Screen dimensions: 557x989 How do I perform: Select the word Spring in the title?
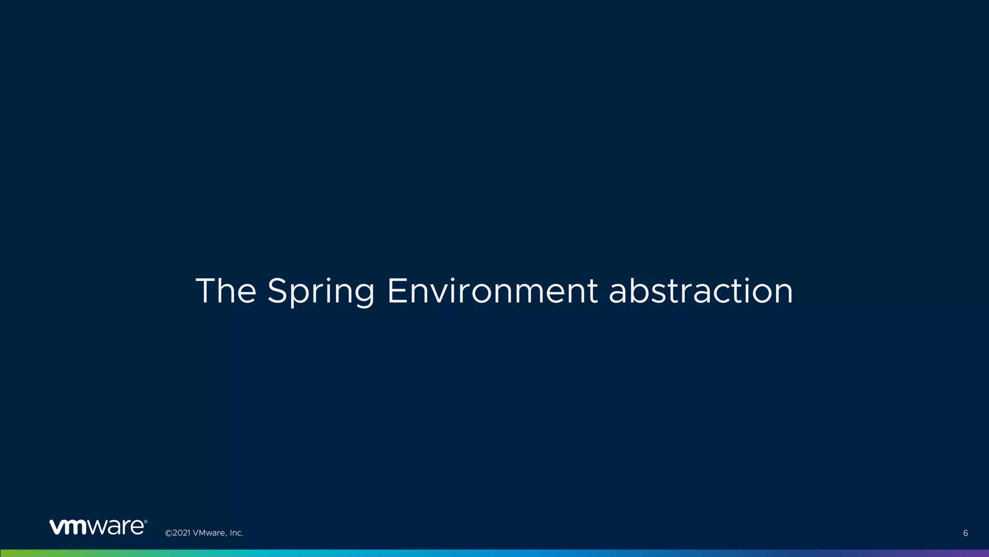coord(321,292)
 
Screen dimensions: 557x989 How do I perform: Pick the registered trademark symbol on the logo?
coord(145,522)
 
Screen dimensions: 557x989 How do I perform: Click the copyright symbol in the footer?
coord(169,533)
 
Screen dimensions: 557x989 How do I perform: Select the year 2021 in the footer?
coord(182,533)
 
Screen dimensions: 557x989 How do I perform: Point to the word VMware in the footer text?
coord(209,533)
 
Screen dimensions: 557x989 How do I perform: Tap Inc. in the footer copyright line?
coord(236,533)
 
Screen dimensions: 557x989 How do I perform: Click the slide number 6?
coord(965,533)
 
